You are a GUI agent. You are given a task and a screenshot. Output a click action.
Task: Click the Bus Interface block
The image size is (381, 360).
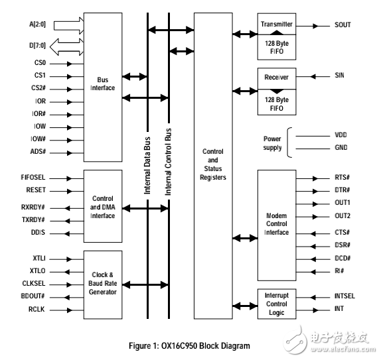click(102, 84)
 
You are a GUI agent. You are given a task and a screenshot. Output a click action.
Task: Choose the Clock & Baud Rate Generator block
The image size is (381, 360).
click(102, 283)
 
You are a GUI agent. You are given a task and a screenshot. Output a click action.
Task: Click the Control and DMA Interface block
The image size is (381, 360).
click(102, 206)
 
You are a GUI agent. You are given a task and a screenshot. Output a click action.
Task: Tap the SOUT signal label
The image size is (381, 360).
click(343, 25)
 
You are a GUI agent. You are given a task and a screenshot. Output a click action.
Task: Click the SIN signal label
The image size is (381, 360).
click(340, 76)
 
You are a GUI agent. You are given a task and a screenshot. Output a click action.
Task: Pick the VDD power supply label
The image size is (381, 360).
click(341, 135)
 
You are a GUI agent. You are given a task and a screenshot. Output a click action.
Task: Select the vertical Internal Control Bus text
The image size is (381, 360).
click(169, 161)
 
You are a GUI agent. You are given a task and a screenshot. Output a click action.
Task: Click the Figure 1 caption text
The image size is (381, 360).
click(189, 345)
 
